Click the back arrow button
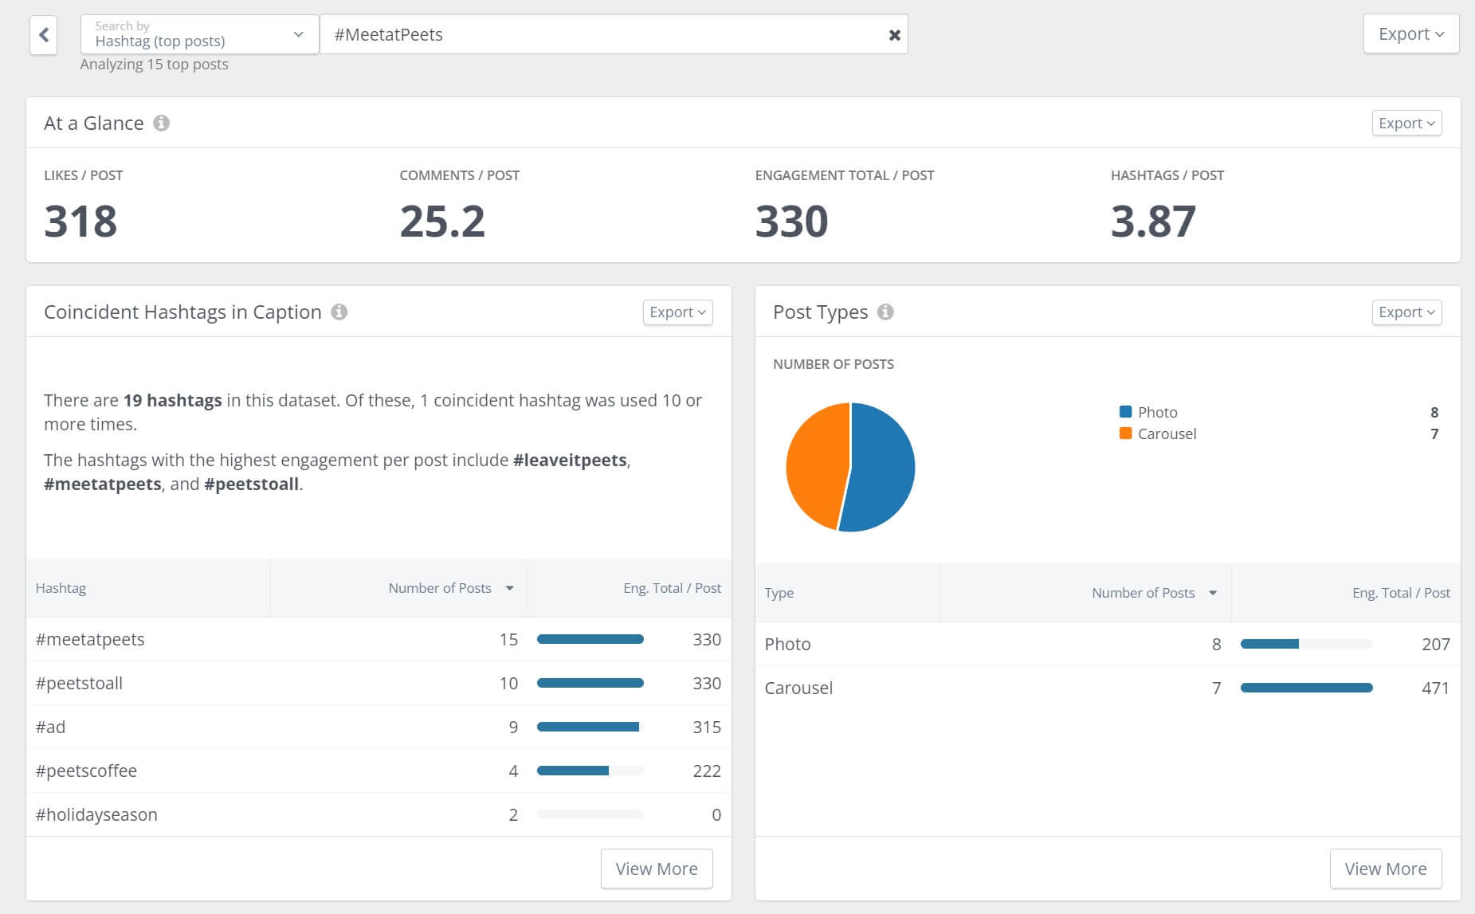tap(44, 35)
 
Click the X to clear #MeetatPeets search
tap(894, 35)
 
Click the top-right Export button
tap(1410, 34)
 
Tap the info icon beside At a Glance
tap(161, 123)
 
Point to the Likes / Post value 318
tap(80, 222)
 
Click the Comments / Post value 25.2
tap(442, 222)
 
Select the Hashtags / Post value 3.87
tap(1153, 222)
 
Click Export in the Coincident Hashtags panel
tap(677, 312)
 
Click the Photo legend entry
tap(1156, 412)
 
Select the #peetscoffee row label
tap(86, 771)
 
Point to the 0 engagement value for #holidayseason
tap(716, 814)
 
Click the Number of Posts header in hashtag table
tap(440, 588)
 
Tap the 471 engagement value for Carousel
tap(1435, 688)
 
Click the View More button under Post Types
tap(1385, 869)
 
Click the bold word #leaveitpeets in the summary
tap(570, 460)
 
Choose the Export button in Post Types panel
tap(1406, 312)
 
